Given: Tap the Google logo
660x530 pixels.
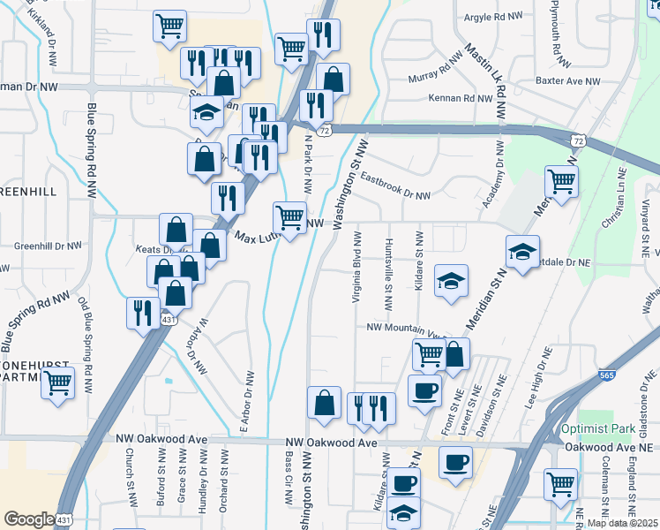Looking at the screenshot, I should pos(30,519).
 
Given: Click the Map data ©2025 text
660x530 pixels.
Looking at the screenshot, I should pos(623,523).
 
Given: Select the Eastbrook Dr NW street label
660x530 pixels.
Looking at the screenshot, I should pos(395,187).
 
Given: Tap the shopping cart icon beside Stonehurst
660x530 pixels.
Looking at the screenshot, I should pos(57,383).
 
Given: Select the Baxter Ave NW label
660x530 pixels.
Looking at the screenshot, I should pos(567,80).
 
